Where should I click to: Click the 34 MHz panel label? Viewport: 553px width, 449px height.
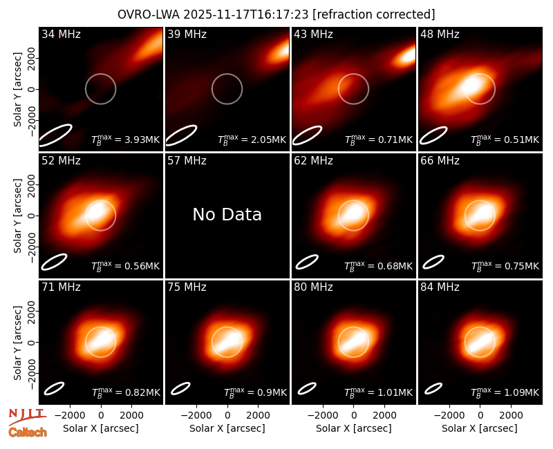pyautogui.click(x=61, y=34)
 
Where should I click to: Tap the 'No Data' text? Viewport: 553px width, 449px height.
pyautogui.click(x=227, y=214)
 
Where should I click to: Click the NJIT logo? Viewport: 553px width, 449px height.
pyautogui.click(x=27, y=416)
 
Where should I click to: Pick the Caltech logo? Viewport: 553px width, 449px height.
pyautogui.click(x=28, y=432)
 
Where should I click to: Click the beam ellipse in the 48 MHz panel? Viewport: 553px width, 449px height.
pyautogui.click(x=433, y=135)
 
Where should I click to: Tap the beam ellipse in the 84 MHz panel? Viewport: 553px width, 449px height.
pyautogui.click(x=433, y=388)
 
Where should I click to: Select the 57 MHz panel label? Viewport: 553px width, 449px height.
pyautogui.click(x=187, y=161)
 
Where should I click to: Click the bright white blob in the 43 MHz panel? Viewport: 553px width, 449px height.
pyautogui.click(x=406, y=57)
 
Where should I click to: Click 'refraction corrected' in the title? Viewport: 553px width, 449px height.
pyautogui.click(x=374, y=15)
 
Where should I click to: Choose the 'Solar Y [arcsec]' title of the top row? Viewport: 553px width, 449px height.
pyautogui.click(x=17, y=90)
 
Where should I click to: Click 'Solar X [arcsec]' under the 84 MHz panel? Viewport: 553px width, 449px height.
pyautogui.click(x=480, y=428)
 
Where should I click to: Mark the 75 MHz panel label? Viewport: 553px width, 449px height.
pyautogui.click(x=187, y=287)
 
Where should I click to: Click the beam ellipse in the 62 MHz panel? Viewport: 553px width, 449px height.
pyautogui.click(x=307, y=262)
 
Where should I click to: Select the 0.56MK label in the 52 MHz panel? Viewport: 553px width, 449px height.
pyautogui.click(x=142, y=266)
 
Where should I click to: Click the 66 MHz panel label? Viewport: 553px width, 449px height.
pyautogui.click(x=440, y=161)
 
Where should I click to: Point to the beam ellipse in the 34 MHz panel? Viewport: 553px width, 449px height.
pyautogui.click(x=55, y=135)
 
